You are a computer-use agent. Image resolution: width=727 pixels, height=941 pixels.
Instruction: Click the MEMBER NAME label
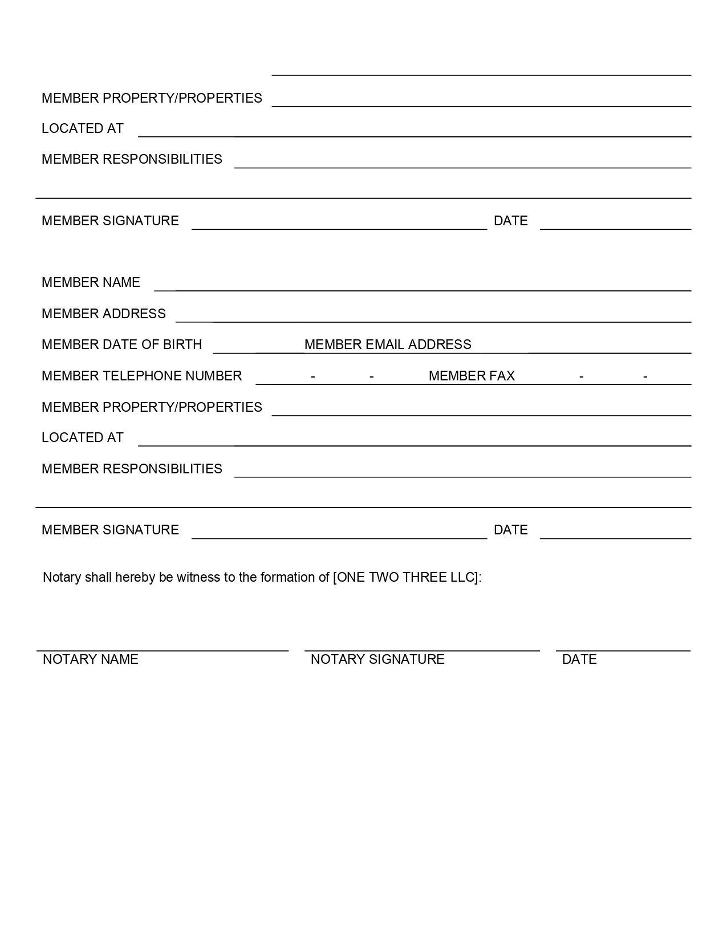point(91,282)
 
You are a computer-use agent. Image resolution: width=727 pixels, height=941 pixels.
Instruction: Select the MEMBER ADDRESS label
point(103,314)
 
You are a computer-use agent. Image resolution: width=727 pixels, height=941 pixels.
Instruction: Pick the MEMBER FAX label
point(472,376)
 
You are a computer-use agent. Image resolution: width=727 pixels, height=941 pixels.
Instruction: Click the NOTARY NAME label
point(90,659)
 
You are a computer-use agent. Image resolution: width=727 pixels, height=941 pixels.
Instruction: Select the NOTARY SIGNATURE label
point(377,659)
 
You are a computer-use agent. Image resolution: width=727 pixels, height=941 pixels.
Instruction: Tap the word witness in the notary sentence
point(198,577)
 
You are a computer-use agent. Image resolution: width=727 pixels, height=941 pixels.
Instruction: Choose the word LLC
point(462,577)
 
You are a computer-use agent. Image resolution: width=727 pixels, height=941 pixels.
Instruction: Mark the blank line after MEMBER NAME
point(422,290)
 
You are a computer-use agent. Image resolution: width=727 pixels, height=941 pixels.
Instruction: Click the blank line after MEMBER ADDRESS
point(433,322)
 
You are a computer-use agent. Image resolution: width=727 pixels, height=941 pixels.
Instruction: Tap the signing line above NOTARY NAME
point(163,650)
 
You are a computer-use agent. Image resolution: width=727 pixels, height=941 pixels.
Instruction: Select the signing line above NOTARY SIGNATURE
point(422,650)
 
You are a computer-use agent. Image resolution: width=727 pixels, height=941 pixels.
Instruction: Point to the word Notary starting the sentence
point(62,577)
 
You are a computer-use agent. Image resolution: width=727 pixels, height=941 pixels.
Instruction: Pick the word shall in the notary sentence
point(98,577)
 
